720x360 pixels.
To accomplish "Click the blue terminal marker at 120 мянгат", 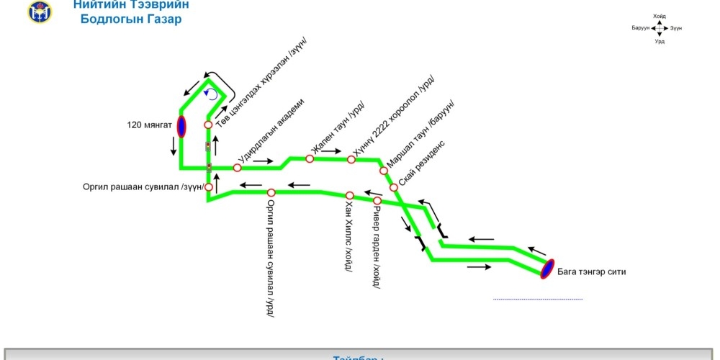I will point(181,126).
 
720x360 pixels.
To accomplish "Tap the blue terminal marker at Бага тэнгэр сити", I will point(548,269).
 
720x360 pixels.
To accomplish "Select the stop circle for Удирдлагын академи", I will point(238,168).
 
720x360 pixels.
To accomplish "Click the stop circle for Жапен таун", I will point(310,158).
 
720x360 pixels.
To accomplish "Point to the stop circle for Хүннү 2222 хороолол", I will point(351,159).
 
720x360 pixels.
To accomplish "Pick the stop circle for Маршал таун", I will point(383,171).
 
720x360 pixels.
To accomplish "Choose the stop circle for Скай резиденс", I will point(394,187).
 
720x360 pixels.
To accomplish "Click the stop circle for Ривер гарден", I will point(377,200).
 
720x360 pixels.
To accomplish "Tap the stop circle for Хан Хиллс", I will point(349,195).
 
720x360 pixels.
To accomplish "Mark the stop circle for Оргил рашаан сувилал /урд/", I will point(271,192).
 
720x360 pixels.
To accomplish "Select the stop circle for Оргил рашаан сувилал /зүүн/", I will point(209,187).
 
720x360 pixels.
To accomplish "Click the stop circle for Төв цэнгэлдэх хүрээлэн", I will point(208,125).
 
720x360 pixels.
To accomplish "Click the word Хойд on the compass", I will point(660,15).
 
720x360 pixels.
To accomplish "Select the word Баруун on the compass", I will point(640,27).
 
